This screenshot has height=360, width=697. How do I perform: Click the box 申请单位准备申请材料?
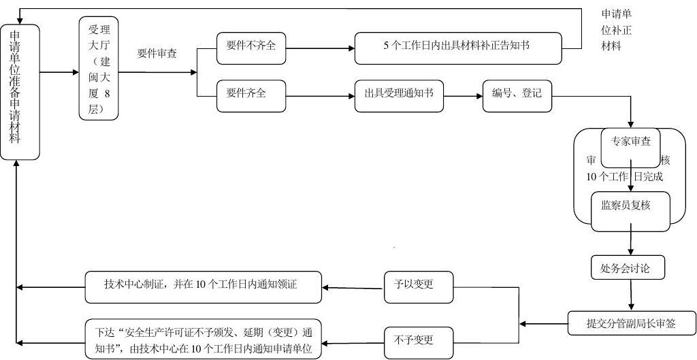coord(20,92)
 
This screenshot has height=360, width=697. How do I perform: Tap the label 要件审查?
coord(157,53)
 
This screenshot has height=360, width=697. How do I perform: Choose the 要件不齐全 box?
coord(251,47)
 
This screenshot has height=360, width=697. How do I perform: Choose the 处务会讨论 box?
coord(626,267)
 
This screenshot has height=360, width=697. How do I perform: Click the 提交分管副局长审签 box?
coord(632,323)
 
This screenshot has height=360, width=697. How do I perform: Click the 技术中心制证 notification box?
coord(204,287)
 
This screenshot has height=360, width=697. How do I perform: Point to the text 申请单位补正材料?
coord(617,31)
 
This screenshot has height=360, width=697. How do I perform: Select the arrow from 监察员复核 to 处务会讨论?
coord(631,240)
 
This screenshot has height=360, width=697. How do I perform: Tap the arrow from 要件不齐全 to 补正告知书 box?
coord(320,48)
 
